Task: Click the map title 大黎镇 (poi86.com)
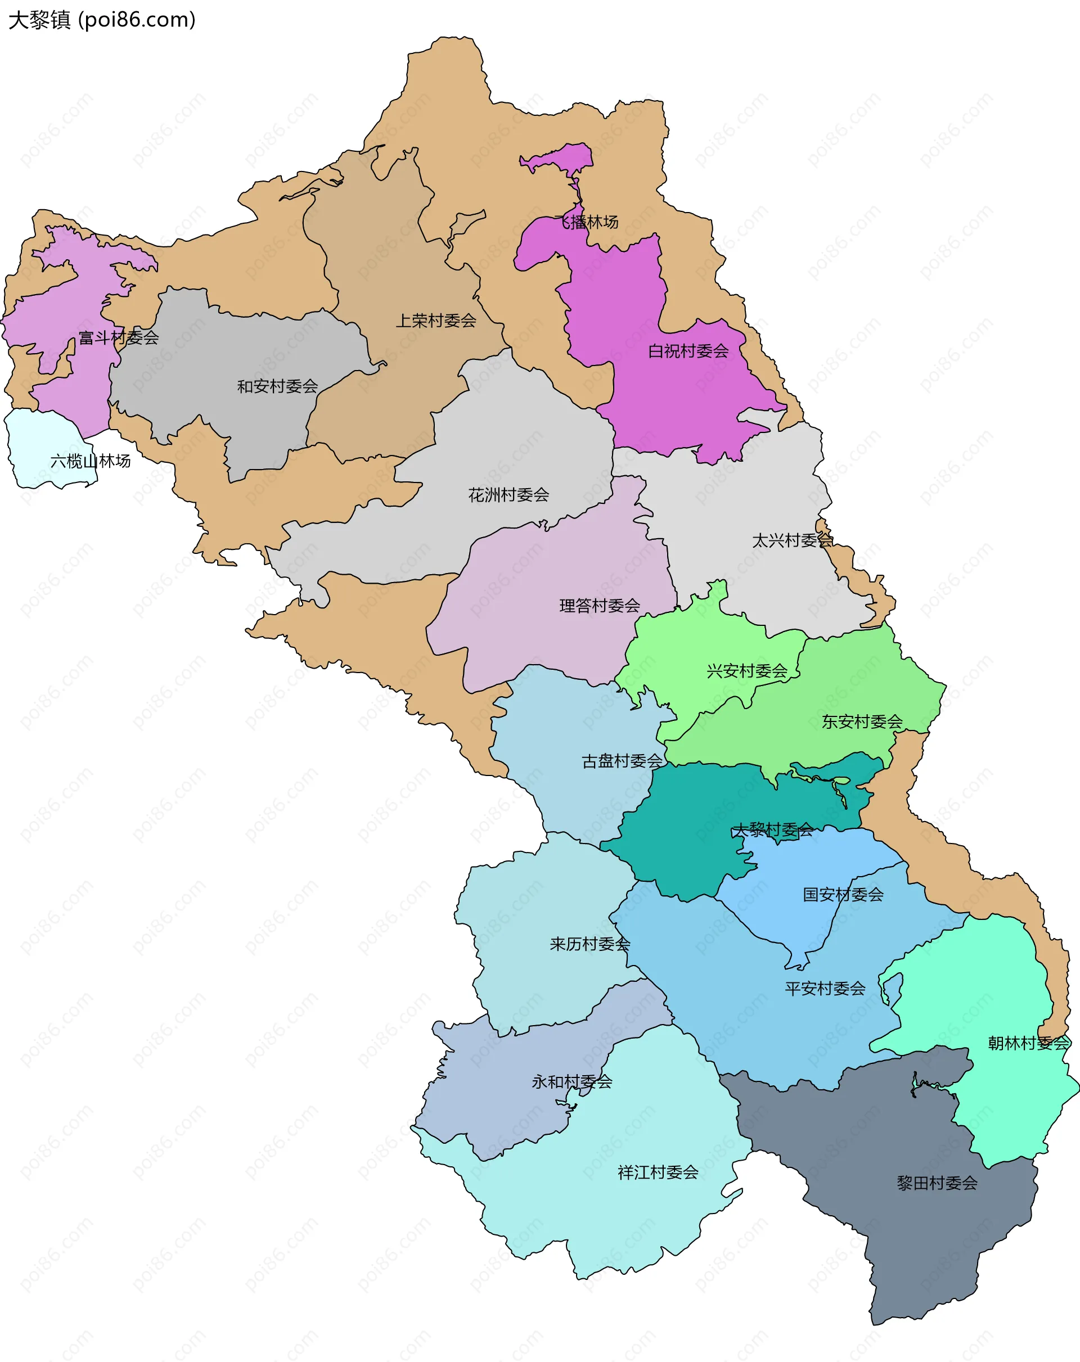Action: point(102,20)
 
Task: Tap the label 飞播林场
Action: point(587,222)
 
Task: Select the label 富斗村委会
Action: point(119,337)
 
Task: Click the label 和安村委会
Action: point(277,386)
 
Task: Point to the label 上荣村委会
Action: point(436,321)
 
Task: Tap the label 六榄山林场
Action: point(91,461)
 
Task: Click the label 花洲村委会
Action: point(508,495)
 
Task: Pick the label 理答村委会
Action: point(600,606)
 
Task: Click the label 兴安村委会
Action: point(747,671)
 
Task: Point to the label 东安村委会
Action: point(862,721)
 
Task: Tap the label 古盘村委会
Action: point(622,761)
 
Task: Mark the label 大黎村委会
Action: point(772,830)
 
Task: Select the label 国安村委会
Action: point(843,895)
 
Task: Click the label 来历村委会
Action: point(589,944)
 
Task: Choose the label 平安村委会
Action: point(825,989)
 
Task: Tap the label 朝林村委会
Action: point(1028,1043)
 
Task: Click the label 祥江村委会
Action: point(658,1172)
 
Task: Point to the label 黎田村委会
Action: point(937,1183)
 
